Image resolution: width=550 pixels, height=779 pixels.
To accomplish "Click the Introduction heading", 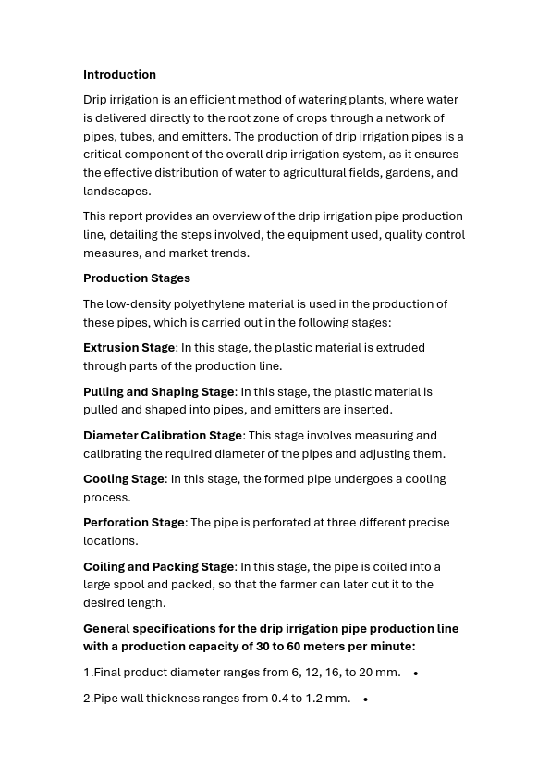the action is coord(119,75).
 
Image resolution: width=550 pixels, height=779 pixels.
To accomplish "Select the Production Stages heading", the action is coord(137,278).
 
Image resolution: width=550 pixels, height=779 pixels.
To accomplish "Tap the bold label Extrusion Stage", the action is coord(128,348).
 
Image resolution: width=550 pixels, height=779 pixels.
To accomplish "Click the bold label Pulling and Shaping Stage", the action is coord(158,392).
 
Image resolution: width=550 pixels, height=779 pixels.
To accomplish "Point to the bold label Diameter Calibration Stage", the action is coord(163,436).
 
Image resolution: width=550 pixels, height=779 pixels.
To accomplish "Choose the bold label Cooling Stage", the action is coord(123,479).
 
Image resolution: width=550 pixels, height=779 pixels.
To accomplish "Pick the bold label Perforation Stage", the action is coord(134,523).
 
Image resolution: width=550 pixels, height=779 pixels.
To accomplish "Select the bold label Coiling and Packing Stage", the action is coord(158,567).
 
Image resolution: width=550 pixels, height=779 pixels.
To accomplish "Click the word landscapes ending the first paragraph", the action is coord(116,192).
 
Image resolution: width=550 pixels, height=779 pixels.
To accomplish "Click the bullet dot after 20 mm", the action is coord(416,674).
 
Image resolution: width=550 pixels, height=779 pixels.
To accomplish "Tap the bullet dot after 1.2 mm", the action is coord(365,699).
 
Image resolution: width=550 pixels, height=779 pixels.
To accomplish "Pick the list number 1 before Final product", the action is coord(87,673).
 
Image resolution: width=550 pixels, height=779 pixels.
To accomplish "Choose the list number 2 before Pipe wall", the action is coord(87,699).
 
